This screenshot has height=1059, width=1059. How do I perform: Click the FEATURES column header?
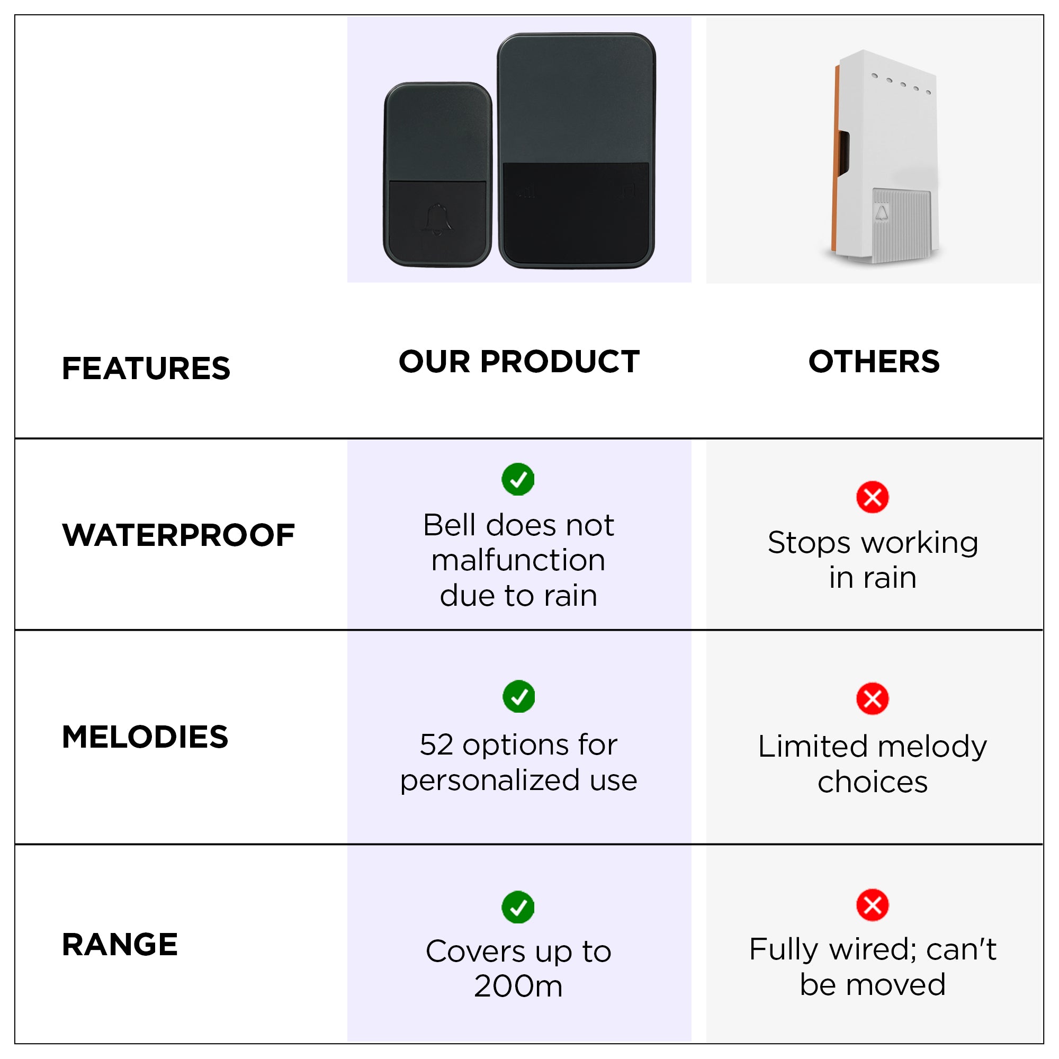coord(146,369)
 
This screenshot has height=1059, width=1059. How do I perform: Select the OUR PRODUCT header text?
coord(519,362)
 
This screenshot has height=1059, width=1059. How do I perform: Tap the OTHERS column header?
coord(874,362)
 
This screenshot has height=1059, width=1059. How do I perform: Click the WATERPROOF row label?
coord(178,535)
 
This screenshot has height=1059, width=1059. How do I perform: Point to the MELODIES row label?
coord(145,737)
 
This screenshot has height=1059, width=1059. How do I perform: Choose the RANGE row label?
coord(120,945)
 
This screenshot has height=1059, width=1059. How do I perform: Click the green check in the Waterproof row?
coord(518,480)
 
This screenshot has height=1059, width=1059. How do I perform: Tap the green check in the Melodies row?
coord(518,697)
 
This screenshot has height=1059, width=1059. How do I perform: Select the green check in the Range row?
coord(518,907)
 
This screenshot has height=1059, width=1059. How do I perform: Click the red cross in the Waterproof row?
coord(873,497)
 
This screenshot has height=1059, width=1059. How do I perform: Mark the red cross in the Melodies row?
coord(873,699)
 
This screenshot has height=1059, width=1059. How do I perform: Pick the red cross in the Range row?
coord(873,905)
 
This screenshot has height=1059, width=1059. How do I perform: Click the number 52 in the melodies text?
coord(437,745)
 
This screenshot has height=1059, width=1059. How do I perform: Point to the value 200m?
coord(518,986)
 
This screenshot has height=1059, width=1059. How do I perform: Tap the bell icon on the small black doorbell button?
coord(437,219)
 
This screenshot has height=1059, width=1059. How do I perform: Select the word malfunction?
coord(518,560)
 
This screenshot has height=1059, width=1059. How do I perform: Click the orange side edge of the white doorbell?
coord(837,165)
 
